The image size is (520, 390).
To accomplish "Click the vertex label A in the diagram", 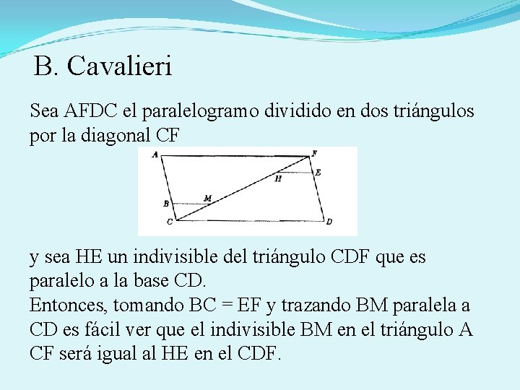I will click(x=156, y=154).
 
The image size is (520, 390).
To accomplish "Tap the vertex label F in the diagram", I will click(x=313, y=154).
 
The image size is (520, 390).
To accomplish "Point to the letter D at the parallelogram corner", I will click(x=329, y=221).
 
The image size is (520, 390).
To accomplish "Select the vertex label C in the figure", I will click(x=170, y=221).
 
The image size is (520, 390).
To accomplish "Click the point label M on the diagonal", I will click(x=208, y=198).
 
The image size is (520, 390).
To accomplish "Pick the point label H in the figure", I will click(x=278, y=178).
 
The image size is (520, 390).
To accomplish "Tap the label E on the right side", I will click(x=318, y=173).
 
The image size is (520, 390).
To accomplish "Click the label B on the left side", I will click(x=165, y=204).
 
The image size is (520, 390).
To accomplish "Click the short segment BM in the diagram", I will click(x=189, y=204).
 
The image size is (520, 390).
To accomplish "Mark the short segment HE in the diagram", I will click(x=296, y=173).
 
